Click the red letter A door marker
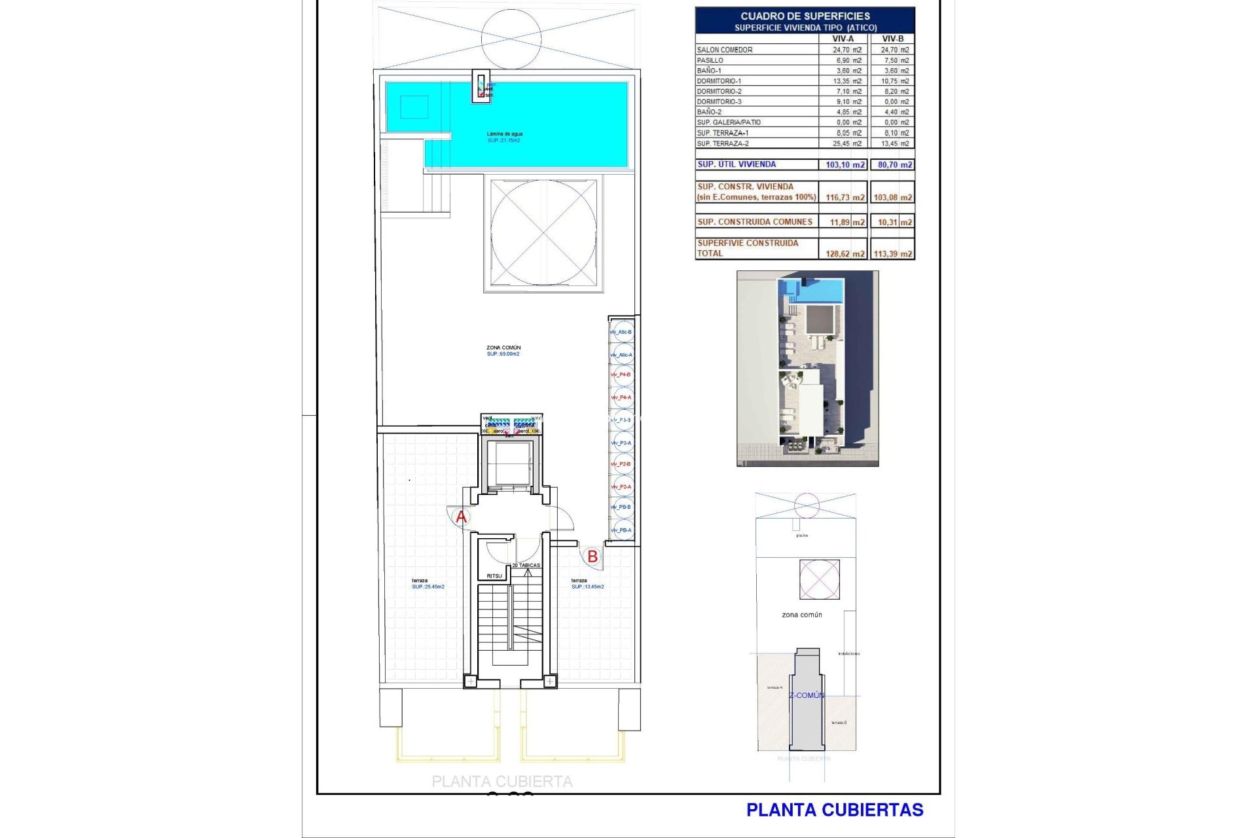461,517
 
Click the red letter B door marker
592,556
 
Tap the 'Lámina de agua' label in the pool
504,134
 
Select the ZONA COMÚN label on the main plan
503,348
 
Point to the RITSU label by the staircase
494,576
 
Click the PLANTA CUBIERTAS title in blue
834,811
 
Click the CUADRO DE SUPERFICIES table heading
805,16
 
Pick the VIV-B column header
892,39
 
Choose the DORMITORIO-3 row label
719,101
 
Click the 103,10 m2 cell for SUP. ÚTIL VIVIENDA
845,165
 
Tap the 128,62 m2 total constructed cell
845,254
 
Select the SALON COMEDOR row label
724,50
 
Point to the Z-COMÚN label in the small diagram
807,695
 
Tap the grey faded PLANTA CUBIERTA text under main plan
501,782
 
